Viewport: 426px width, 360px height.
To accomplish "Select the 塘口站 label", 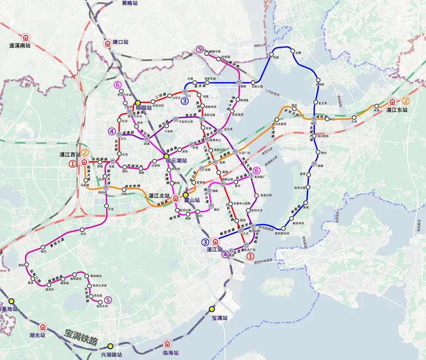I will (120, 42).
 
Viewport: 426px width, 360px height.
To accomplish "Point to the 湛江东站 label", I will (397, 110).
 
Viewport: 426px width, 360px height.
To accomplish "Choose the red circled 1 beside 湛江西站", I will (73, 164).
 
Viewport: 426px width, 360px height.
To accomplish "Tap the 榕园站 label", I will (144, 107).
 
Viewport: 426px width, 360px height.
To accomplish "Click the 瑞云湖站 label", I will (176, 161).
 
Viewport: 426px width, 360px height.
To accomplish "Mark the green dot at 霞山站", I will (186, 195).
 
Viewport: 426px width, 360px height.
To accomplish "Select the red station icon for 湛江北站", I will (175, 198).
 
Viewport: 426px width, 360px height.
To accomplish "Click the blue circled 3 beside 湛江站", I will (205, 242).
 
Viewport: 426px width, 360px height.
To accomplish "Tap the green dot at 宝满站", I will (212, 309).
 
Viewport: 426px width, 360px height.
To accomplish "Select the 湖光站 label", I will (37, 335).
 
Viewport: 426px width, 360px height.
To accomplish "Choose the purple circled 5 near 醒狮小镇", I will (200, 49).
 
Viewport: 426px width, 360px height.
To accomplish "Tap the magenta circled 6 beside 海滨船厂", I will (257, 170).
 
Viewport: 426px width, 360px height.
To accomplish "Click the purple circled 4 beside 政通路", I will (112, 131).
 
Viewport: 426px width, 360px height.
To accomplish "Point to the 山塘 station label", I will (299, 53).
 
